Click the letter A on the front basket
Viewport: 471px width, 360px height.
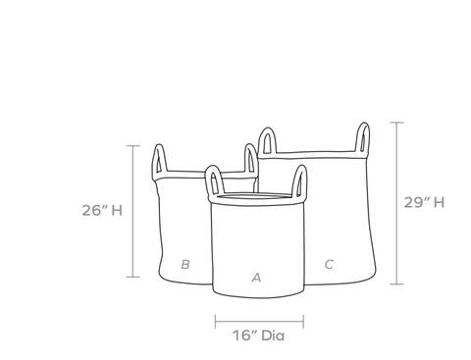(x=257, y=278)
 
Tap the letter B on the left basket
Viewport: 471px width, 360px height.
(x=185, y=264)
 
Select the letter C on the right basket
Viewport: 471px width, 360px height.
(x=329, y=264)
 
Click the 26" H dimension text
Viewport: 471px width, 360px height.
(x=102, y=210)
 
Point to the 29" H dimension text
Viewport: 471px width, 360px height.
(x=424, y=202)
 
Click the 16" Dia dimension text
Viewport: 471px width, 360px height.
(x=258, y=335)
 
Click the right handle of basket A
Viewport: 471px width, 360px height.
(x=299, y=180)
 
